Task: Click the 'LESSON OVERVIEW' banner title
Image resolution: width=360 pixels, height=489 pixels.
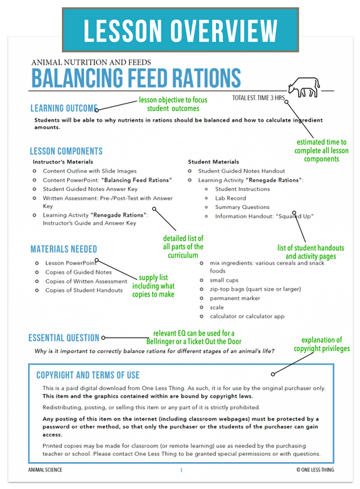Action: tap(180, 31)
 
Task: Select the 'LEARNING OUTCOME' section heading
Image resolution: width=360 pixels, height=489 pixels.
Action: tap(64, 108)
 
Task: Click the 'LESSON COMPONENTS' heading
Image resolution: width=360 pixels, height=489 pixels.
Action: tap(66, 151)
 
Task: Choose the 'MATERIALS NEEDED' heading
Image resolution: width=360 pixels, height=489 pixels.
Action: tap(63, 249)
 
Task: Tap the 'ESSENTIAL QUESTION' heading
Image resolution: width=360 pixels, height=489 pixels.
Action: tap(64, 338)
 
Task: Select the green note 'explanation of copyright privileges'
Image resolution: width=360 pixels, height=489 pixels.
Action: tap(321, 344)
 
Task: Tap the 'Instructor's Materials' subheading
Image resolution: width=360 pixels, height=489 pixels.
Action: tap(63, 162)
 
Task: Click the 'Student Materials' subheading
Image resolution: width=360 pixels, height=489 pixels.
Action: tap(213, 162)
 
